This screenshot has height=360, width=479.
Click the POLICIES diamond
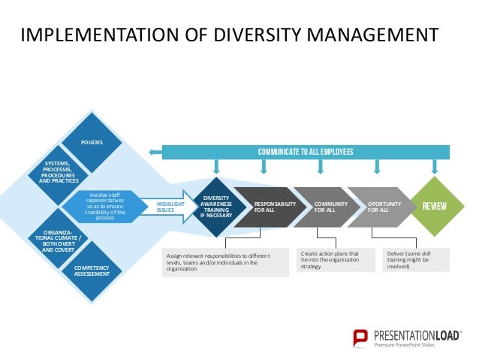92,142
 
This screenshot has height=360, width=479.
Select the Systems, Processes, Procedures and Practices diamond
59,173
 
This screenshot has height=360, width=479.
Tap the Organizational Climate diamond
59,239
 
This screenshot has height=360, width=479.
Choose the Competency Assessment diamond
92,271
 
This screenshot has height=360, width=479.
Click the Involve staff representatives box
106,205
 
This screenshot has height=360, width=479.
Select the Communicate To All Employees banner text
305,152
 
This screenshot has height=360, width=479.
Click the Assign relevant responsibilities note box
225,262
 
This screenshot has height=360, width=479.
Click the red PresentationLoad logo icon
362,338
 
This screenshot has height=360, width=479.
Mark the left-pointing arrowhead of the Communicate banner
152,152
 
